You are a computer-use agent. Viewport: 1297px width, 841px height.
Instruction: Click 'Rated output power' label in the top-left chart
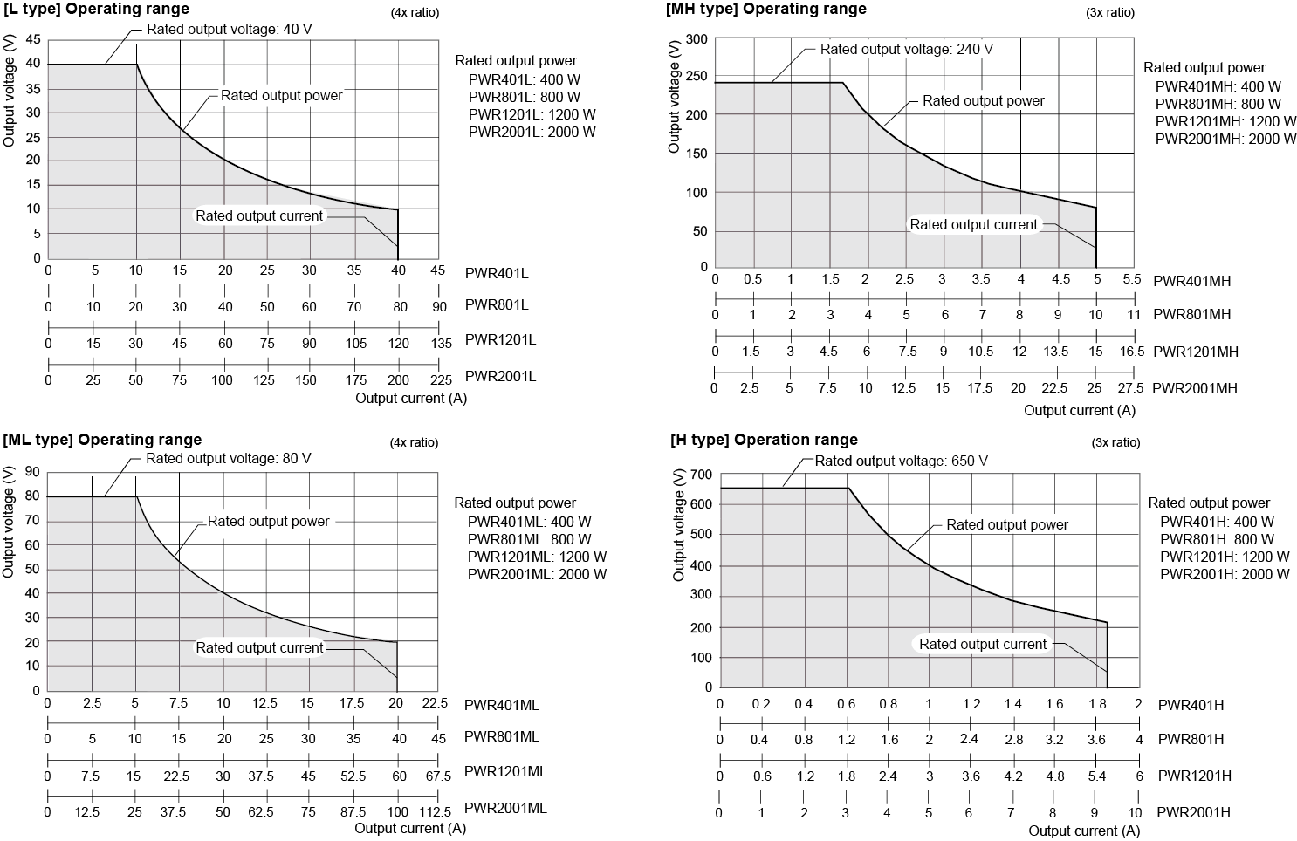tap(281, 96)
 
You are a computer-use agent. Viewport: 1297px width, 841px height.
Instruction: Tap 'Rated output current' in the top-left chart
tap(259, 215)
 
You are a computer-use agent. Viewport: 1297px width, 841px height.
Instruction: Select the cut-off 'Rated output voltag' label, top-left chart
tap(206, 29)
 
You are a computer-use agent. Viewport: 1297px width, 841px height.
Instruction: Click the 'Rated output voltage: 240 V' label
tap(906, 50)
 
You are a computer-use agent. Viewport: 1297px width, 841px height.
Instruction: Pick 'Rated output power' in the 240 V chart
tap(983, 101)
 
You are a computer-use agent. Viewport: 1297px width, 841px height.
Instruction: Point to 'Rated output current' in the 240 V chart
tap(973, 225)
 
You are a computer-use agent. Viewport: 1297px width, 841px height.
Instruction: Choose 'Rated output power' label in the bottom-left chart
tap(268, 522)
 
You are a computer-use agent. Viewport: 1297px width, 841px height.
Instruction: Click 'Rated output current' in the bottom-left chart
tap(259, 647)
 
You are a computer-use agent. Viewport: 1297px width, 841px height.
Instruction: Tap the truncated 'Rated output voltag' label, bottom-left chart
tap(206, 458)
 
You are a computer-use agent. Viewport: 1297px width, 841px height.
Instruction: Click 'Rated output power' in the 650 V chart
tap(1006, 525)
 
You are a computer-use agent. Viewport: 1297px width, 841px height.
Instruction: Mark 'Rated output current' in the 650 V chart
tap(982, 645)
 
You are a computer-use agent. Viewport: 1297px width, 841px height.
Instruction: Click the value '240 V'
tap(974, 50)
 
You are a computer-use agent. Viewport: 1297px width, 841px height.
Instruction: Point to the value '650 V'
tap(969, 461)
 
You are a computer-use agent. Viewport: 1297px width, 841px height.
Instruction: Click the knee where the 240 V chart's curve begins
tap(841, 83)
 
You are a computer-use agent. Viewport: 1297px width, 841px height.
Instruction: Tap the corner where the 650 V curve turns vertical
tap(1107, 623)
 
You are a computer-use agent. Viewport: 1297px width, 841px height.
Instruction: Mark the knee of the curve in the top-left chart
tap(136, 65)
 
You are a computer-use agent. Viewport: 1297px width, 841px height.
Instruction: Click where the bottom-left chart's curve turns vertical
tap(397, 642)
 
